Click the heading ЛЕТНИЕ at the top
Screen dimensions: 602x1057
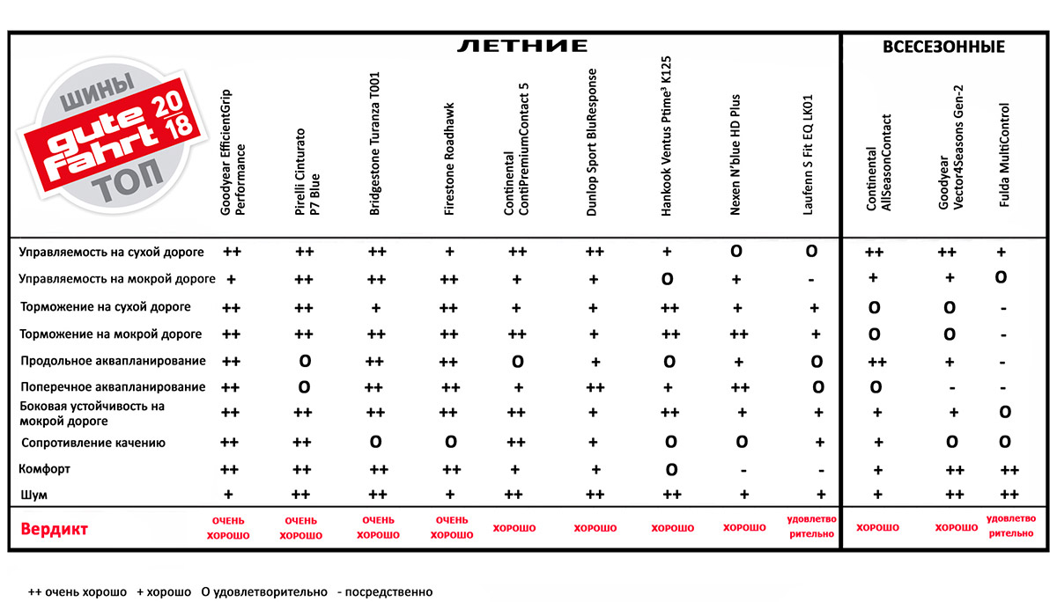[521, 46]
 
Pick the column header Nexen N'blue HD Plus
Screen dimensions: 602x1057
[735, 155]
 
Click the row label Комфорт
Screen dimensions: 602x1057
[45, 469]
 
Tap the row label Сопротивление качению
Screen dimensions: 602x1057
[92, 443]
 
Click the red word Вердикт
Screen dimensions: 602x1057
[54, 530]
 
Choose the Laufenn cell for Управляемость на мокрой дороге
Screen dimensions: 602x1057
[811, 280]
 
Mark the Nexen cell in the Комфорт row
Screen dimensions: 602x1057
[744, 470]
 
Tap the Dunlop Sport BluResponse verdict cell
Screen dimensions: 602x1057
[595, 528]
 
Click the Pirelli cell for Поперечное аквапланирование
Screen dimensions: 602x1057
[304, 387]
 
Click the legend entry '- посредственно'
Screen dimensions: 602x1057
[385, 592]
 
